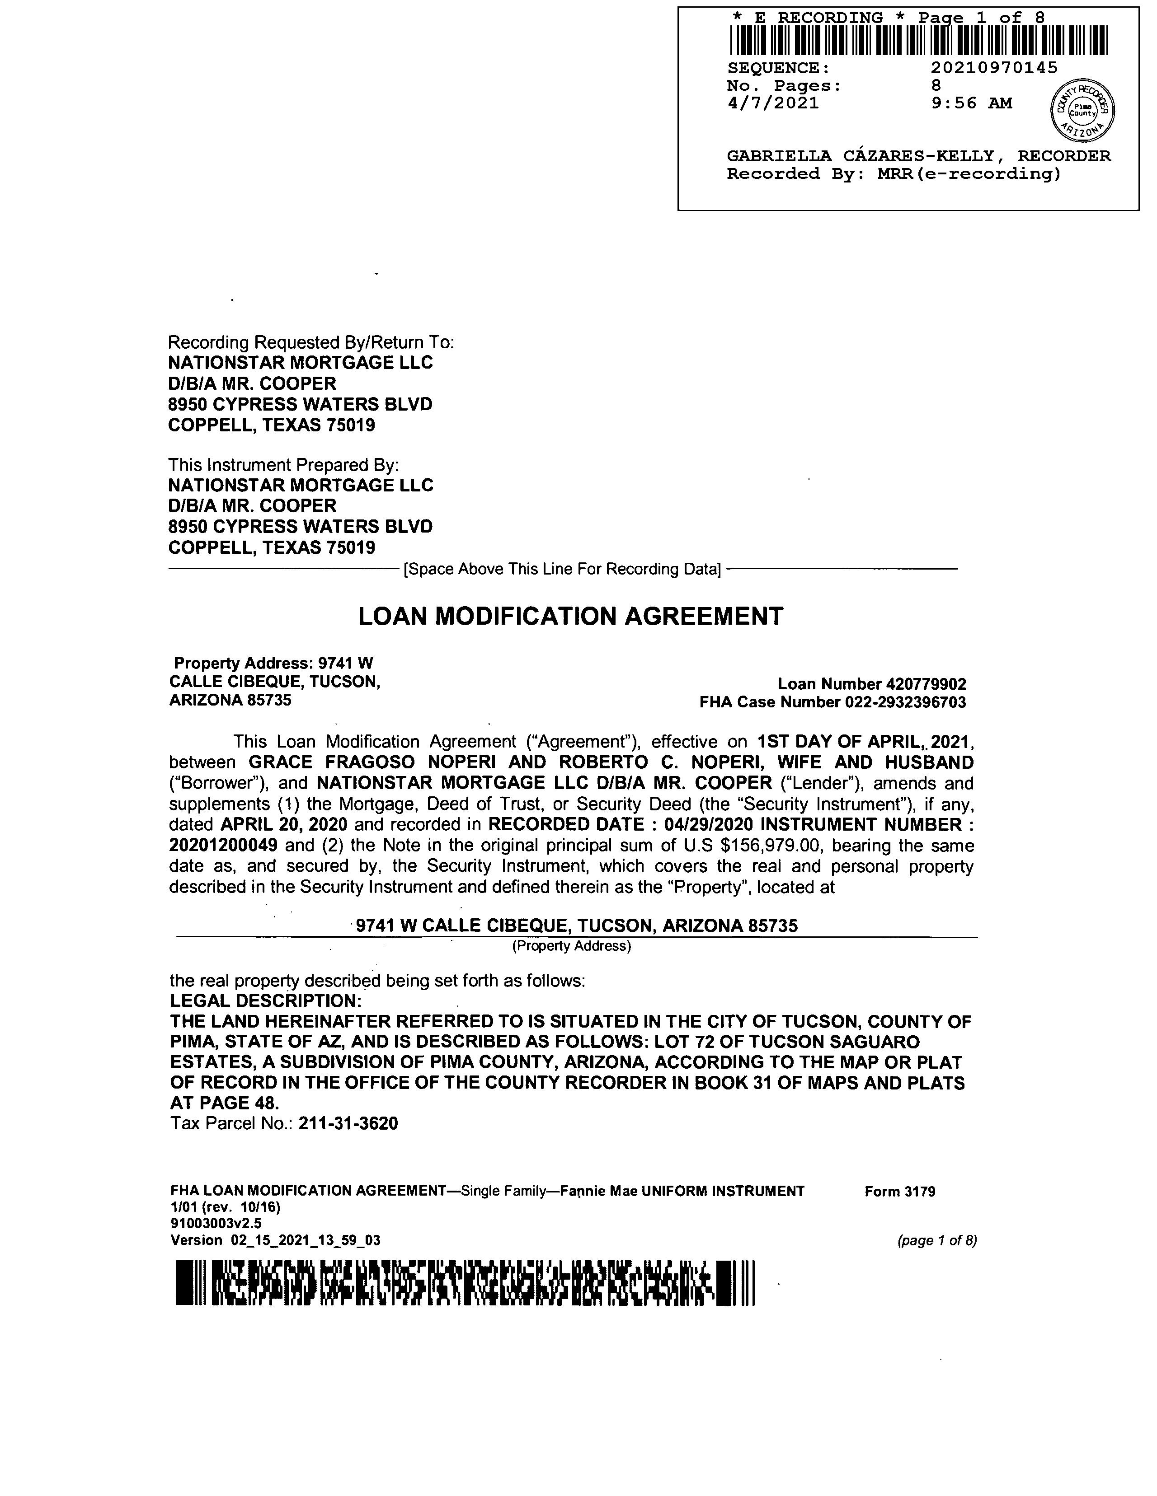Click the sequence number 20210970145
(994, 68)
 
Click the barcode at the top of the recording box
(918, 40)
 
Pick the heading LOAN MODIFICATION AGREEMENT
(570, 617)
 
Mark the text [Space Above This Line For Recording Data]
(562, 569)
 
